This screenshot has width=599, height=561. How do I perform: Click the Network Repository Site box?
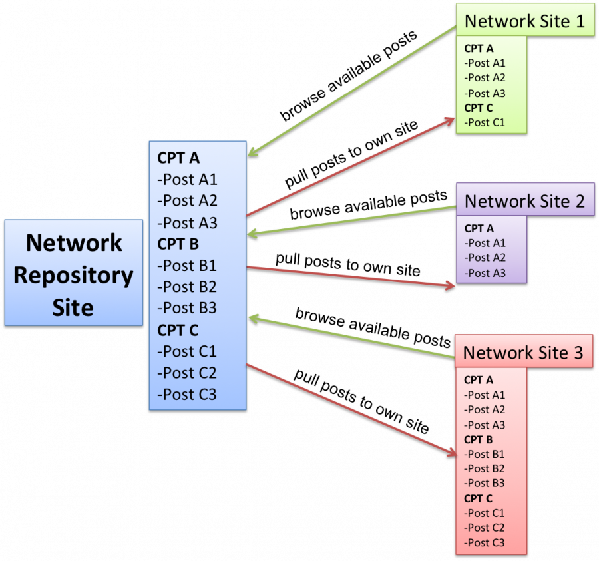tap(73, 273)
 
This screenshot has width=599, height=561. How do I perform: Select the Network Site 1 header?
tap(524, 21)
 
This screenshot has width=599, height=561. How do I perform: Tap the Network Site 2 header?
tap(524, 200)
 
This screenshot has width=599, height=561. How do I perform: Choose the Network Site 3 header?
tap(523, 352)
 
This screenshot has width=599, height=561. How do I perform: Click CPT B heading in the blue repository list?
tap(178, 244)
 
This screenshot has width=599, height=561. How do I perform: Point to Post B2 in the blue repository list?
tap(187, 287)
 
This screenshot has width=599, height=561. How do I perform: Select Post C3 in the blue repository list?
tap(187, 394)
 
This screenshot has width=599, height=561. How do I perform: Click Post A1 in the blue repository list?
tap(187, 179)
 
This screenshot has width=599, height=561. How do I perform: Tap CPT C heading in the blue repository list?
tap(178, 329)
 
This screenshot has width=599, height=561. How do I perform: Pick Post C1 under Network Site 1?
tap(485, 122)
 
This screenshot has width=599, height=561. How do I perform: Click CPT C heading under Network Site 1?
tap(479, 108)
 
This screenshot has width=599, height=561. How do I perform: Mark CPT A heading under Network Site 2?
tap(479, 228)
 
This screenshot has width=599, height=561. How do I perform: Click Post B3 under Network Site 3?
tap(485, 483)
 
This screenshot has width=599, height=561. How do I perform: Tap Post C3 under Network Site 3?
tap(485, 542)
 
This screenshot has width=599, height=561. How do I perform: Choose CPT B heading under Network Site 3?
tap(479, 439)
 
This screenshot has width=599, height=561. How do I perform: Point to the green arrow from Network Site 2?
tap(353, 220)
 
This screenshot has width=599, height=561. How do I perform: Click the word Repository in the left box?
tap(73, 275)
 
